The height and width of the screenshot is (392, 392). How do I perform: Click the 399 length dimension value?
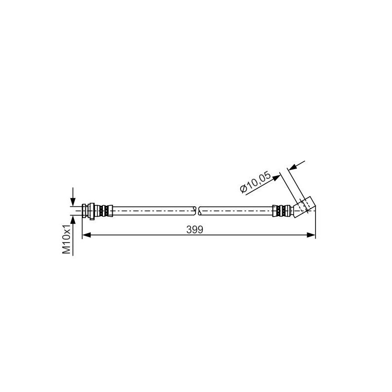[x=195, y=230]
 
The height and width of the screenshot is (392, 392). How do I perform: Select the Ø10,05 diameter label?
[x=255, y=182]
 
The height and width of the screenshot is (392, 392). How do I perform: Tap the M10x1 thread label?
[x=67, y=239]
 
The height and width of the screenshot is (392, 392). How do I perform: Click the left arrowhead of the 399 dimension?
[x=86, y=235]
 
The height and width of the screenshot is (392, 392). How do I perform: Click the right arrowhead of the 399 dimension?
[x=311, y=235]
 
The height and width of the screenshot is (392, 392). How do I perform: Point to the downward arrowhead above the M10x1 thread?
[x=73, y=202]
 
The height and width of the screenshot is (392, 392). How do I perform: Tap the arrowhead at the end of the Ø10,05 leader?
[x=276, y=178]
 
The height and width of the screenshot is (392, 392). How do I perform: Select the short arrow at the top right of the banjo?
[x=296, y=166]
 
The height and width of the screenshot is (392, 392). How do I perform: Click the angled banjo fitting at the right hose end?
[x=305, y=207]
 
